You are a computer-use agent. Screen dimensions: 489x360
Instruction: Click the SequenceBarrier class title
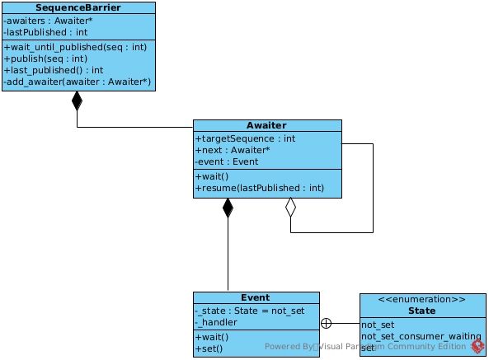click(x=78, y=7)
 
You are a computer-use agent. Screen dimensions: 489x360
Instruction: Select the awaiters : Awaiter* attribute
click(x=48, y=21)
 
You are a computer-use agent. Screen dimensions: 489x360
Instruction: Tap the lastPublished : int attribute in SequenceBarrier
click(x=45, y=32)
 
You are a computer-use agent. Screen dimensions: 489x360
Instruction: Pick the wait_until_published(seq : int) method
click(x=75, y=47)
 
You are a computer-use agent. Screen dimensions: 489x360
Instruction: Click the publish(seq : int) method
click(x=45, y=58)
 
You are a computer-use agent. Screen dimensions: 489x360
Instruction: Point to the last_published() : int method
click(x=54, y=70)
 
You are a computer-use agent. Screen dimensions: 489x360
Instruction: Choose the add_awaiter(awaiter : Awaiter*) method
click(x=77, y=82)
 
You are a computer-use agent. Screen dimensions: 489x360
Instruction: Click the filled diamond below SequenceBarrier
click(x=77, y=101)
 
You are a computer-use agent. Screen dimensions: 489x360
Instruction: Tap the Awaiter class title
click(x=266, y=125)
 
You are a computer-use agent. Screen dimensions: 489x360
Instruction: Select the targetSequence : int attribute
click(x=245, y=138)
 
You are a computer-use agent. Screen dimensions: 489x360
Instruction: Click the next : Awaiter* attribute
click(x=233, y=150)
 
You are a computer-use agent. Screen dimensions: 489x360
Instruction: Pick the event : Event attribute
click(x=227, y=162)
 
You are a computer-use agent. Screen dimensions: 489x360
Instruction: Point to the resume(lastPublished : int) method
click(x=260, y=188)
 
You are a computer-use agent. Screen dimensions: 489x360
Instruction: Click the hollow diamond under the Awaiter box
click(x=290, y=207)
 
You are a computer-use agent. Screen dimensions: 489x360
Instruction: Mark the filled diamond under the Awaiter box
click(x=228, y=208)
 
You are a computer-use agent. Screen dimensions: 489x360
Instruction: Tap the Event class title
click(x=256, y=297)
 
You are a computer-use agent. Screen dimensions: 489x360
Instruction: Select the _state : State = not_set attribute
click(x=250, y=311)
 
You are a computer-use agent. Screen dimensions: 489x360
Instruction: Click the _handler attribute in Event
click(x=216, y=322)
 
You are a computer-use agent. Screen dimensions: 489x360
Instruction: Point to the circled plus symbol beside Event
click(x=326, y=323)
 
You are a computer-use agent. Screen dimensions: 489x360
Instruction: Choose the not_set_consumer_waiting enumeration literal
click(x=421, y=337)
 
